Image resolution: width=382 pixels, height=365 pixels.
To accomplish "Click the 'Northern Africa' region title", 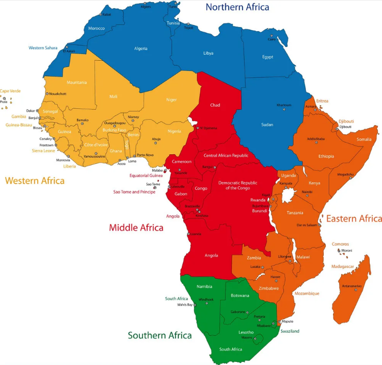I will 237,7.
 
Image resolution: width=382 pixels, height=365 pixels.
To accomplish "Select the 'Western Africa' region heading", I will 35,181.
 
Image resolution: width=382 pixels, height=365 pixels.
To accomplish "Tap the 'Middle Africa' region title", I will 136,228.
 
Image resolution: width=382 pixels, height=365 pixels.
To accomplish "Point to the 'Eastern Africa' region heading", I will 354,218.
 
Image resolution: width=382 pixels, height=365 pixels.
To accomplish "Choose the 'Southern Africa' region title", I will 160,335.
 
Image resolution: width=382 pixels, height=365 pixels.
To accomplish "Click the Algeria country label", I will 140,48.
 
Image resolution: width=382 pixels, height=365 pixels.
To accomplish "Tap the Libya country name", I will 208,53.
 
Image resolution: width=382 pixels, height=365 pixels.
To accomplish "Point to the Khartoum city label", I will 283,105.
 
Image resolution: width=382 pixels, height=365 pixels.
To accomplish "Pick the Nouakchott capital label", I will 57,94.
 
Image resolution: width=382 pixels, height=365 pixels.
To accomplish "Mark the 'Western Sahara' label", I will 43,48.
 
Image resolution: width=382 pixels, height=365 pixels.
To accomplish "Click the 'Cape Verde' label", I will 10,91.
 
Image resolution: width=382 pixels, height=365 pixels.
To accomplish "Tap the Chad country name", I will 215,105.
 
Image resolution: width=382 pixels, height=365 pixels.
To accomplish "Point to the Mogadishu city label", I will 345,174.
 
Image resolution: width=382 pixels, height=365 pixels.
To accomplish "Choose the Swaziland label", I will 289,331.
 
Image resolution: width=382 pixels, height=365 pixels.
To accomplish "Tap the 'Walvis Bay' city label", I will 185,305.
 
